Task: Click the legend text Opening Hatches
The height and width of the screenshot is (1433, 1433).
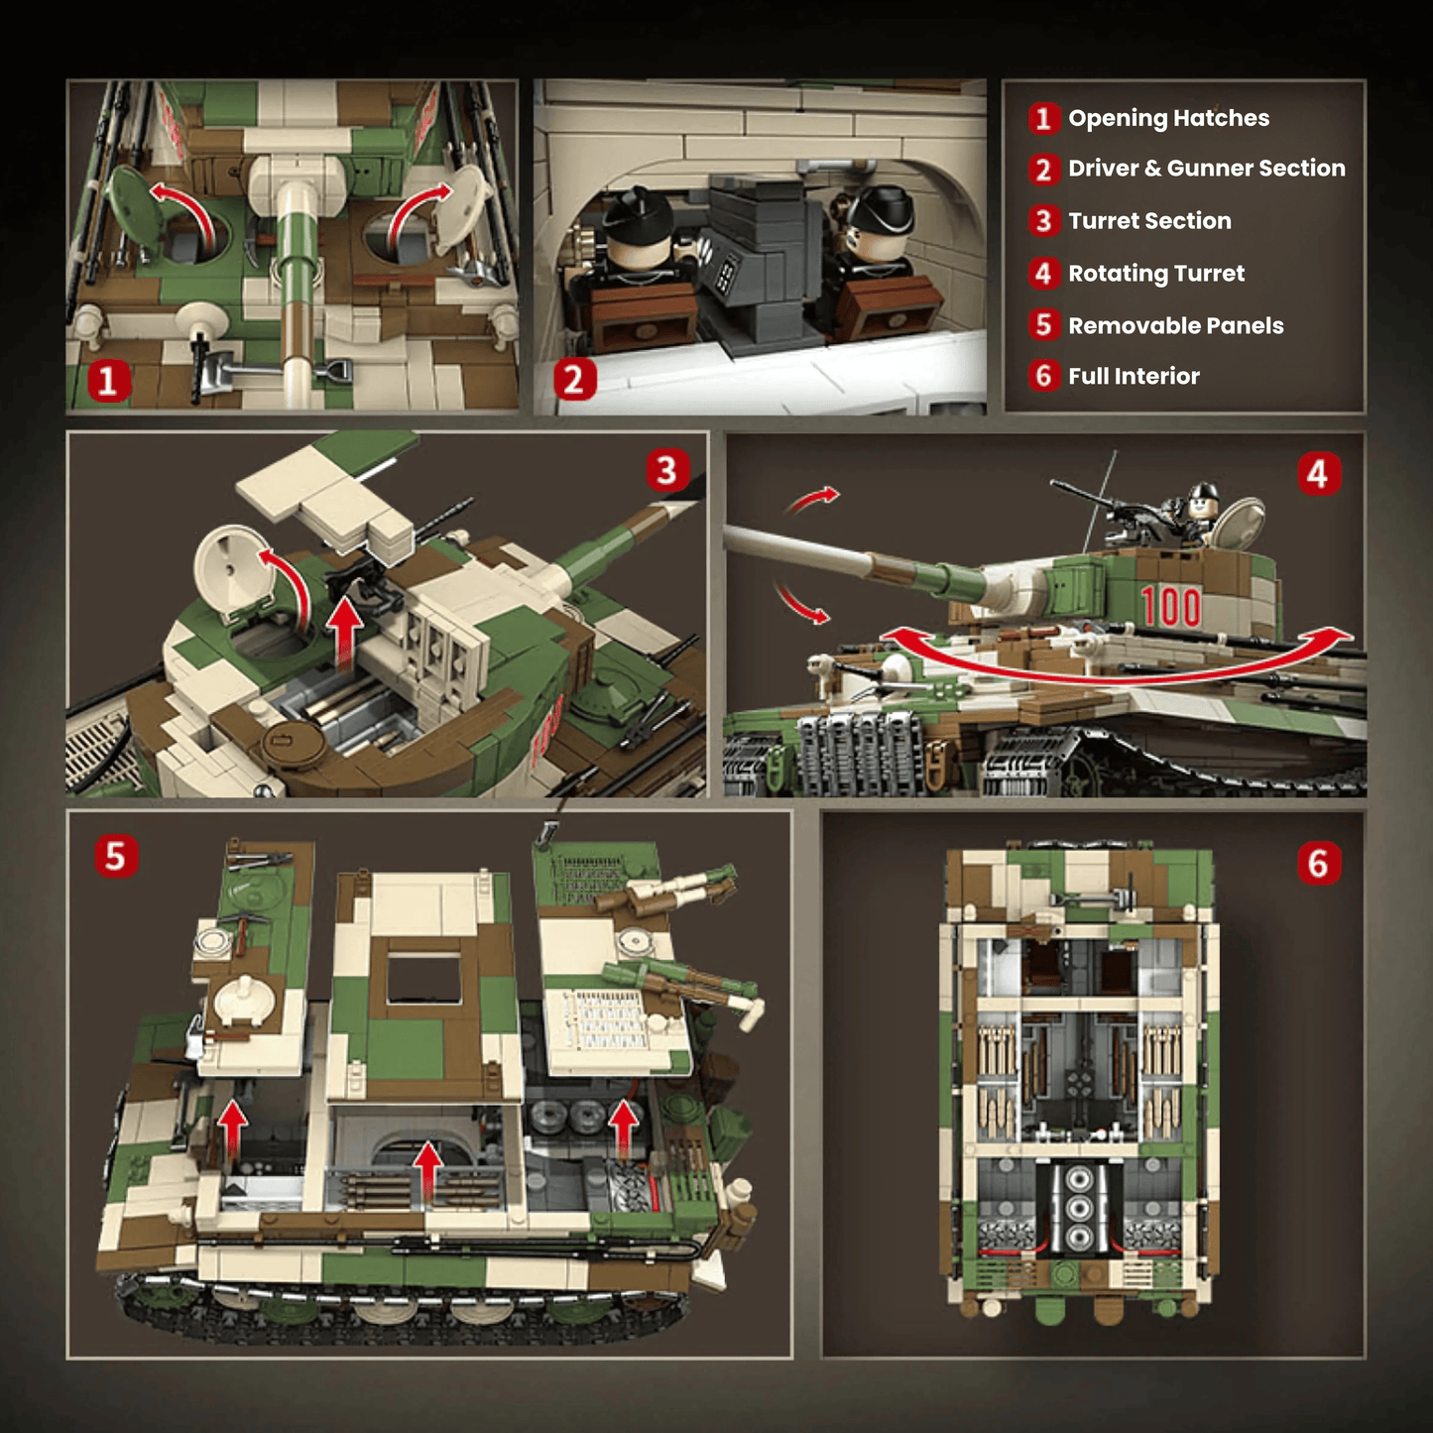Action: point(1168,118)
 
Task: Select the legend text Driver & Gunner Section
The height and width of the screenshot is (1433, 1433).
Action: point(1206,169)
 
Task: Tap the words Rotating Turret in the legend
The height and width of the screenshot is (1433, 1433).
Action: point(1155,274)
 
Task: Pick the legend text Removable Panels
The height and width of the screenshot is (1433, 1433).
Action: point(1175,326)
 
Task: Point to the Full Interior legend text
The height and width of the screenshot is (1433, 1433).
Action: point(1134,377)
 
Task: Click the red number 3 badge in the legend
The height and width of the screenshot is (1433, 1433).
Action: point(1042,221)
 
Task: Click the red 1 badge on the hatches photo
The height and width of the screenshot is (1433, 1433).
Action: point(109,380)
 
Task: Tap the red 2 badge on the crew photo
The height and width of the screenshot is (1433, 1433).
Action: point(574,380)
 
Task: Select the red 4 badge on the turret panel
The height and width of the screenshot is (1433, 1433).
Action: point(1318,475)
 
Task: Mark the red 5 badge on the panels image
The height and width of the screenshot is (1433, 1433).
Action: point(116,856)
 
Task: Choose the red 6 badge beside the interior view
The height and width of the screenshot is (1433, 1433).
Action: point(1318,864)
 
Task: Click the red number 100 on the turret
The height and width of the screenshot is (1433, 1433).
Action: point(1170,608)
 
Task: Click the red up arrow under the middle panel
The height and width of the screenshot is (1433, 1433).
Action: point(427,1170)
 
